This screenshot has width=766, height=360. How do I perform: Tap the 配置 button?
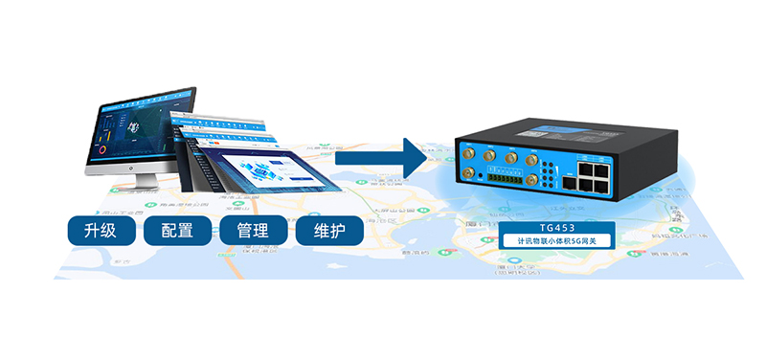179,231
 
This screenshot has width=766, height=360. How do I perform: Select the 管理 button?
254,231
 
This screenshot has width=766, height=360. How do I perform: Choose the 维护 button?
329,231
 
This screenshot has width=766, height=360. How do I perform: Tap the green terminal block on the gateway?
505,178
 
